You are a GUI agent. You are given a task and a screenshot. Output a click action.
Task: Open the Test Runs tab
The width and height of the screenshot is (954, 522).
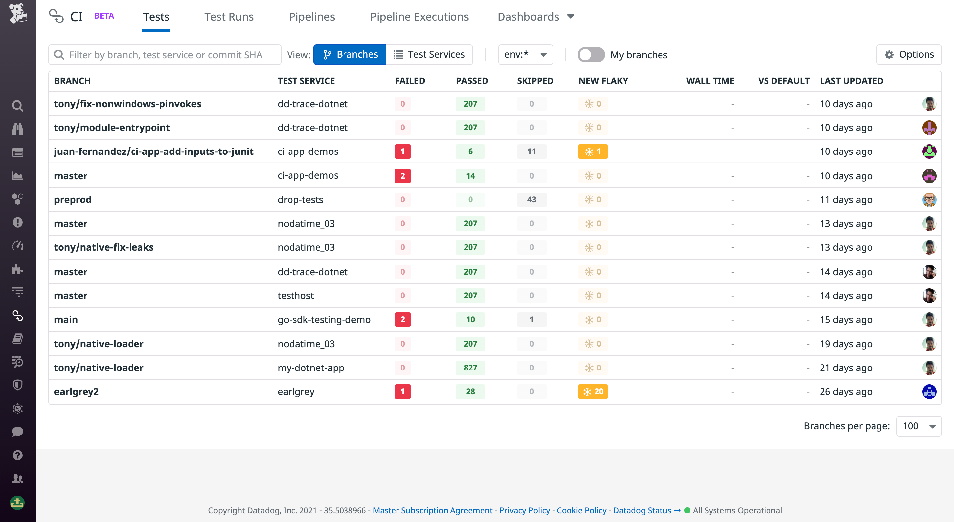tap(229, 17)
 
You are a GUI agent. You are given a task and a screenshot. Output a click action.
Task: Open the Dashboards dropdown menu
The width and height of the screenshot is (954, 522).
tap(536, 17)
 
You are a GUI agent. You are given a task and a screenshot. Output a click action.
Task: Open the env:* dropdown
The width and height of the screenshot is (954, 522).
tap(525, 54)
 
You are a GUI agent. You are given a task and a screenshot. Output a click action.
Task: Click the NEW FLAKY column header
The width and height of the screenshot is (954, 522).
tap(603, 81)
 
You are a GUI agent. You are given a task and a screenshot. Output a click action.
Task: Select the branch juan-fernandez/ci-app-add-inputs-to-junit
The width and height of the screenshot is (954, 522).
tap(154, 151)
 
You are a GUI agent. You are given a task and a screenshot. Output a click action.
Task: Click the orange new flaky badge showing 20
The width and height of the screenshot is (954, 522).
tap(593, 391)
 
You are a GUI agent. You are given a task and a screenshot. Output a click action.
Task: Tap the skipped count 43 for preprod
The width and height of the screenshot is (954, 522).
tap(531, 200)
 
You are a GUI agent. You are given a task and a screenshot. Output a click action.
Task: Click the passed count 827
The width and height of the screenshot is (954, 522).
tap(470, 368)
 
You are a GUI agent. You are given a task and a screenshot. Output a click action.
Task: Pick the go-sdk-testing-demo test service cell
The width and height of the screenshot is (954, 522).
tap(324, 320)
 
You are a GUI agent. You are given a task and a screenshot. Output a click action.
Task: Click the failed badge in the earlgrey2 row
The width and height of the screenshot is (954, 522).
tap(402, 391)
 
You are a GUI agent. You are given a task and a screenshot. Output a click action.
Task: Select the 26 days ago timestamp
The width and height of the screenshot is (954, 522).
tap(846, 391)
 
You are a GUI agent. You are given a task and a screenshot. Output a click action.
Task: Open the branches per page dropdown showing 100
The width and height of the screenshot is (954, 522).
tap(919, 426)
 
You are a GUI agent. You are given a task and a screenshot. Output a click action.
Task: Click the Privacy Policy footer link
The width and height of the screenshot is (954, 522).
tap(524, 510)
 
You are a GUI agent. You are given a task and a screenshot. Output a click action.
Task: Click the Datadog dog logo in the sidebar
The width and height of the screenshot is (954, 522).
tap(18, 13)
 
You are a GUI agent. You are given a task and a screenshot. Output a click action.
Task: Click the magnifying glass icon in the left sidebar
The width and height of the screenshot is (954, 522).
tap(18, 106)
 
